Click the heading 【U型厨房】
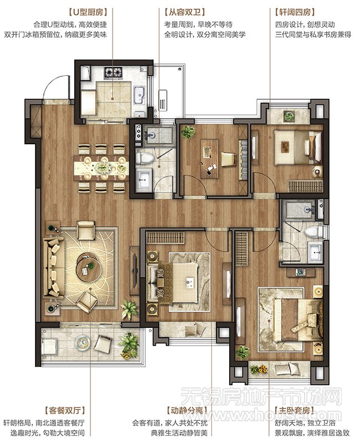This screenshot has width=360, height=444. click(88, 12)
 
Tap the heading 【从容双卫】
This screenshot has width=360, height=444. click(185, 12)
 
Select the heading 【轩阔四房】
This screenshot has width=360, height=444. click(295, 12)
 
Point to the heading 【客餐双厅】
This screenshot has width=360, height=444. click(64, 410)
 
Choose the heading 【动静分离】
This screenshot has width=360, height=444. click(187, 410)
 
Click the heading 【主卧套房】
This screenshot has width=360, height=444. click(295, 410)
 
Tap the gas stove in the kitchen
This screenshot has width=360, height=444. click(113, 72)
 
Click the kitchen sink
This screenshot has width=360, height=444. click(139, 95)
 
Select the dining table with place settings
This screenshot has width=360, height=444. click(101, 168)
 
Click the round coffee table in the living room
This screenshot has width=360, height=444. click(89, 268)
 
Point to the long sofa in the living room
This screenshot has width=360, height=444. click(53, 268)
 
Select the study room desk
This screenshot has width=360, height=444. click(210, 159)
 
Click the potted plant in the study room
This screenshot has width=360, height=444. click(188, 132)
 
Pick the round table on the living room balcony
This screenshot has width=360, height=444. click(83, 342)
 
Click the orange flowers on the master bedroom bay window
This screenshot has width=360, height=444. click(258, 370)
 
